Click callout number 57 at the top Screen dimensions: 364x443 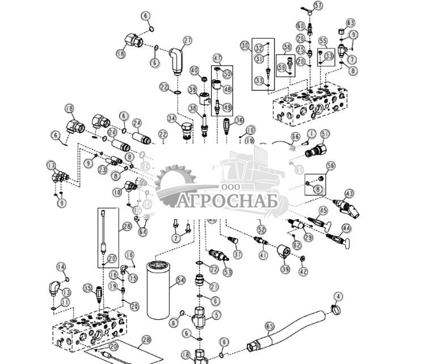[318, 6]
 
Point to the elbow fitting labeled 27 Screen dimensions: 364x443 [175, 59]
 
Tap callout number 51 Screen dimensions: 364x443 [325, 133]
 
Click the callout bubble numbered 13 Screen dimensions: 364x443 [66, 292]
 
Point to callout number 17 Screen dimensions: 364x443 [50, 165]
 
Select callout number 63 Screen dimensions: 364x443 [351, 23]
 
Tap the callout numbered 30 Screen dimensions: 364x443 [245, 45]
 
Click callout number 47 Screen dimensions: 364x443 [217, 58]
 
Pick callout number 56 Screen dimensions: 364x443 [331, 165]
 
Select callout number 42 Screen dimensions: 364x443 [303, 271]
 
